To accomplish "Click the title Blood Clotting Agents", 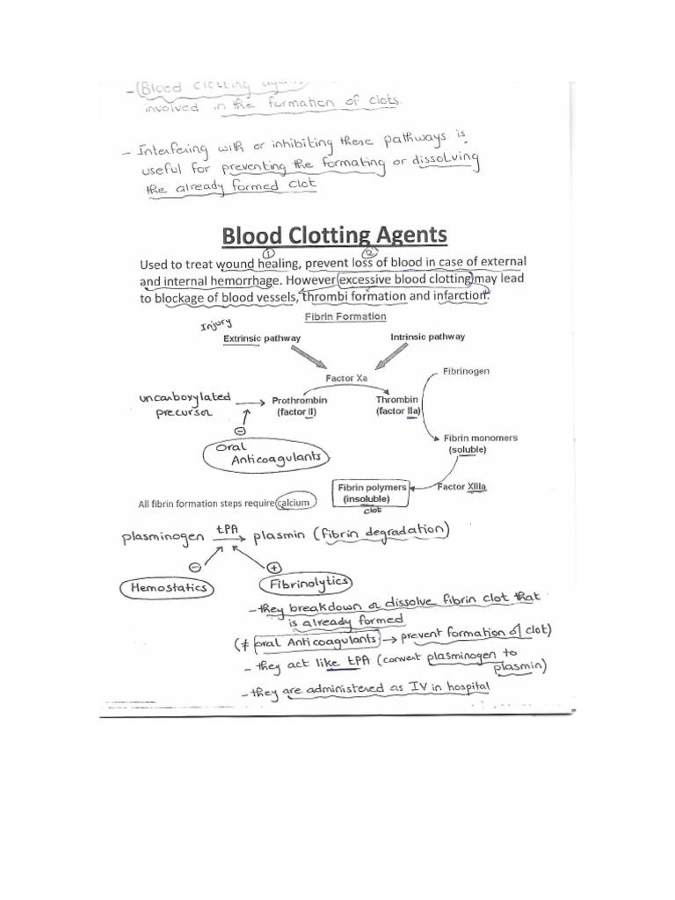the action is (334, 236).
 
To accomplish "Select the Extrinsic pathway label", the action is (262, 337).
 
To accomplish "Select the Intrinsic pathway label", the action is (427, 337).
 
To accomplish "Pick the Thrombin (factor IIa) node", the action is (397, 405).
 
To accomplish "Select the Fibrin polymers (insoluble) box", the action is (373, 493).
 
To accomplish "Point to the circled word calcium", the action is (295, 504).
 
